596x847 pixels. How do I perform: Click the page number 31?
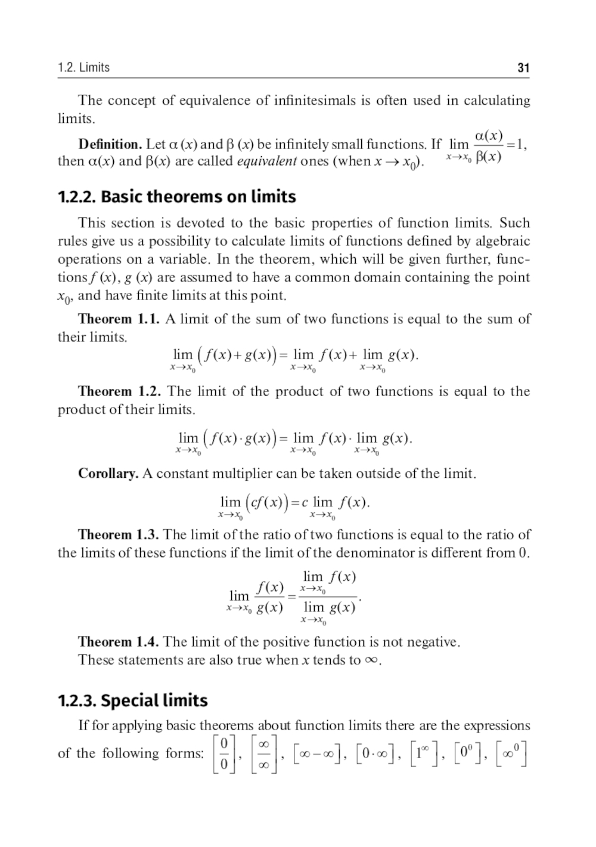pyautogui.click(x=523, y=68)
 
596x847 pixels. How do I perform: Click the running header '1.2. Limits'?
pyautogui.click(x=83, y=67)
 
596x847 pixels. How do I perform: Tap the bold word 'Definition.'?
pyautogui.click(x=110, y=144)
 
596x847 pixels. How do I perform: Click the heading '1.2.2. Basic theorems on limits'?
pyautogui.click(x=176, y=197)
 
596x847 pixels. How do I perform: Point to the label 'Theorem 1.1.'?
pyautogui.click(x=119, y=319)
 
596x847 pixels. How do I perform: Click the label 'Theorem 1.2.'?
pyautogui.click(x=120, y=391)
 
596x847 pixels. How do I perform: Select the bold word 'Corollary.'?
pyautogui.click(x=108, y=474)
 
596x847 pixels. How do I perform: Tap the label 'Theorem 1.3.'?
pyautogui.click(x=119, y=534)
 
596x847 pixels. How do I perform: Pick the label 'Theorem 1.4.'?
pyautogui.click(x=118, y=642)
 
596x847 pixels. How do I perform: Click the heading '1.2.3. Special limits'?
pyautogui.click(x=132, y=700)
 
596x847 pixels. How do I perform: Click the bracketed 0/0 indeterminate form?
pyautogui.click(x=224, y=754)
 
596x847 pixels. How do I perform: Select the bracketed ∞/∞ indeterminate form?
pyautogui.click(x=265, y=754)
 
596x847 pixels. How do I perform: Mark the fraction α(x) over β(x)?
pyautogui.click(x=488, y=147)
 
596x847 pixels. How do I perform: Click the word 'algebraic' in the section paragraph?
pyautogui.click(x=502, y=241)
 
